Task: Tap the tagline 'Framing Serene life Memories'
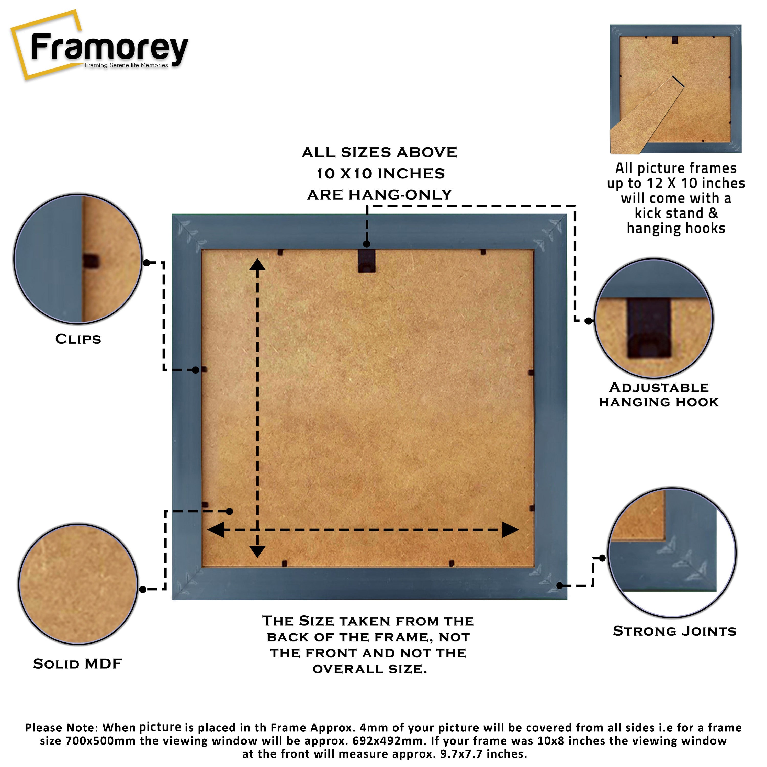click(126, 65)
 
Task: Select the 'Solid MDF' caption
click(78, 664)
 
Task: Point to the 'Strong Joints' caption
click(674, 631)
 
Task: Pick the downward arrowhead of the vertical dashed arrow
click(257, 551)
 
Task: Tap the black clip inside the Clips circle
click(91, 261)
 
